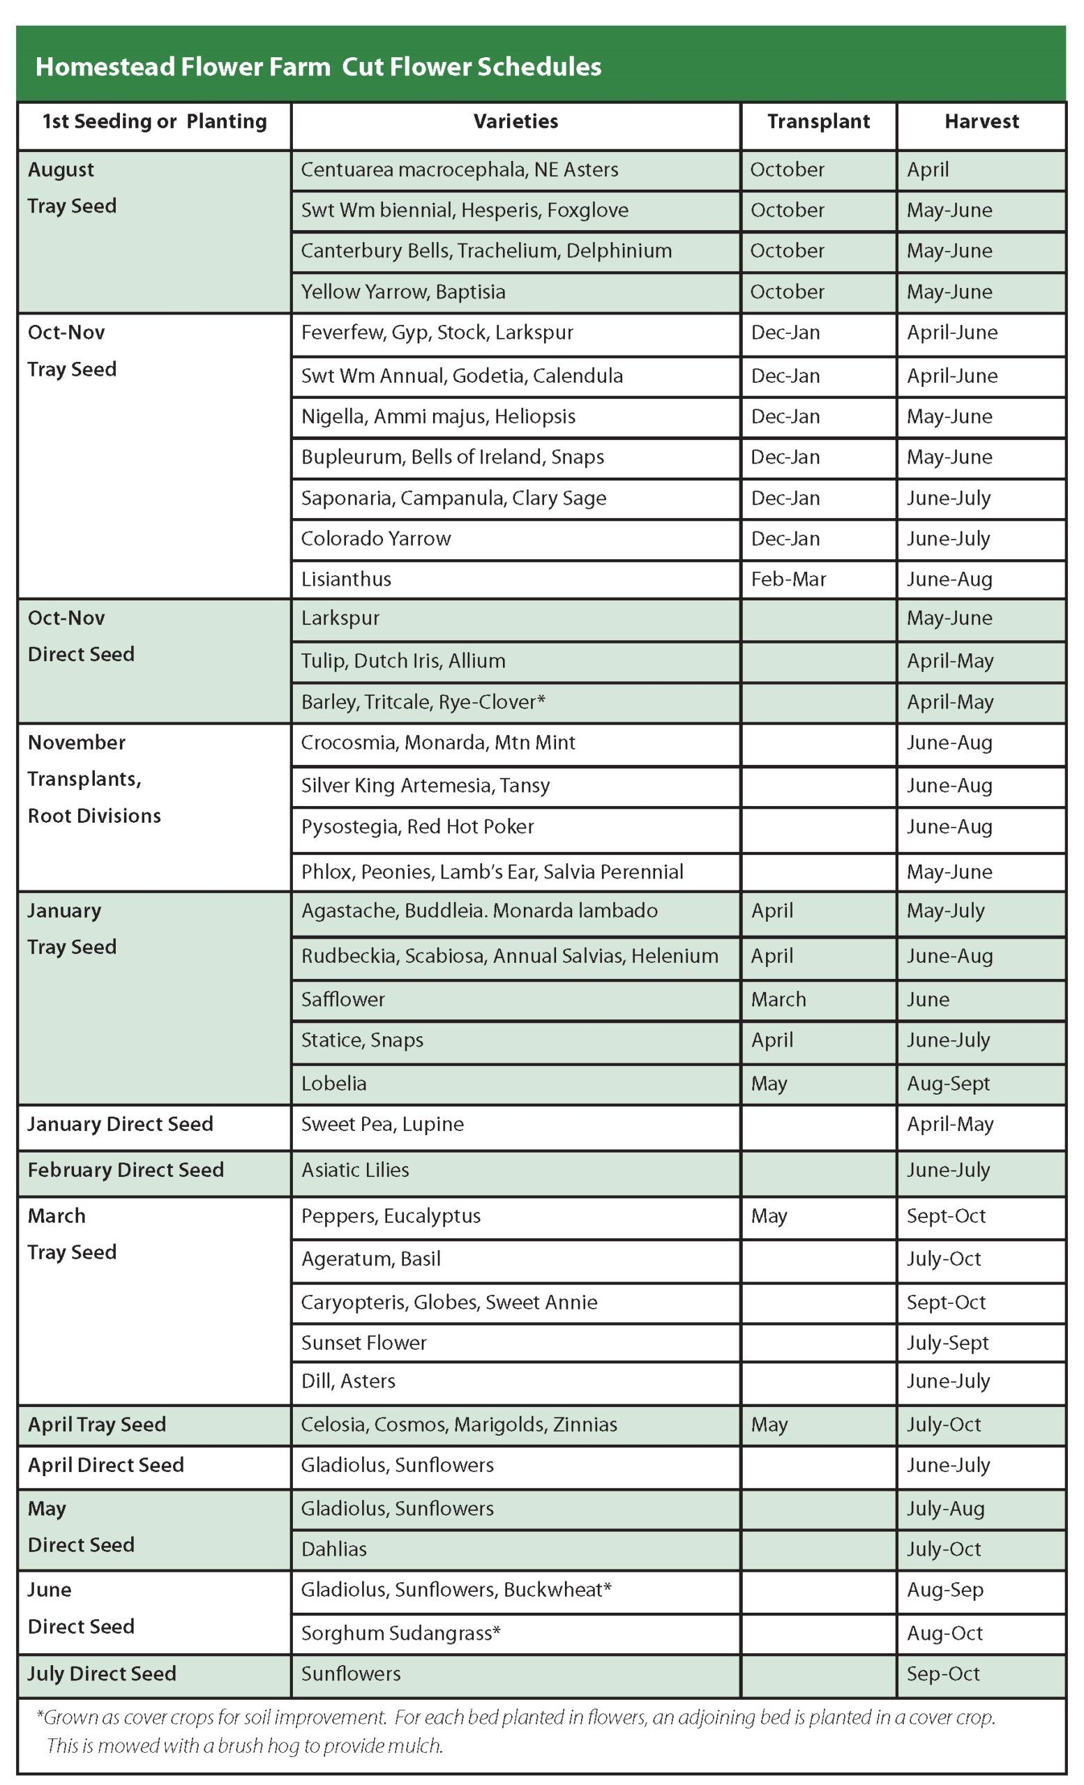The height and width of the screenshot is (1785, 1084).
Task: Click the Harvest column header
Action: (980, 122)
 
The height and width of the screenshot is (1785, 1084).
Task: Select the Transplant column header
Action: (818, 122)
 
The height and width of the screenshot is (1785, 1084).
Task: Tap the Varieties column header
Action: (515, 122)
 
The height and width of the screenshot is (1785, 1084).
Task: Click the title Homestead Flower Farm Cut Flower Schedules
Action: (318, 67)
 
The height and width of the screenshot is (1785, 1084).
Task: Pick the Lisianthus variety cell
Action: (347, 579)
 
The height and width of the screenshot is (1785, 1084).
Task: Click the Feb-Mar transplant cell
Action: (788, 579)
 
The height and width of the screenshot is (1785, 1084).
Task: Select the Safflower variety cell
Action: (342, 999)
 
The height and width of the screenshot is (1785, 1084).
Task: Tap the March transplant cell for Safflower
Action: (778, 999)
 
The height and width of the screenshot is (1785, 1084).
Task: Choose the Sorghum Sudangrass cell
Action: (400, 1633)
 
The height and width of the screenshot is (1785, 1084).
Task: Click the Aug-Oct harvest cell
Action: (945, 1633)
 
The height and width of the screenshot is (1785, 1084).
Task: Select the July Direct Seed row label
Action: (102, 1673)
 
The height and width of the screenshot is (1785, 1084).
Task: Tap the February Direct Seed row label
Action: (126, 1170)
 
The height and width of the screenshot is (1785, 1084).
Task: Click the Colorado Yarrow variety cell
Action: (376, 538)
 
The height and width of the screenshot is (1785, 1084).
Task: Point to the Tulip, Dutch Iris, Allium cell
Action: (403, 661)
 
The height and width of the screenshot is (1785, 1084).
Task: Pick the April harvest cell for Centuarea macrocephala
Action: (928, 169)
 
